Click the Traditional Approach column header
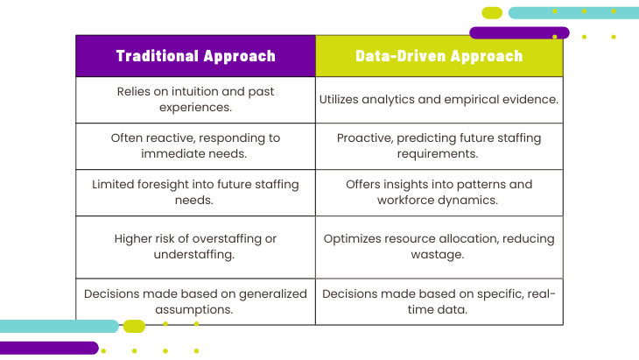pyautogui.click(x=195, y=56)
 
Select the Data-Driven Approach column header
pyautogui.click(x=439, y=56)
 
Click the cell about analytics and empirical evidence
pyautogui.click(x=439, y=100)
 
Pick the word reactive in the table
pyautogui.click(x=169, y=138)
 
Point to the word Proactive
pyautogui.click(x=365, y=138)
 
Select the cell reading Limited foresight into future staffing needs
pyautogui.click(x=195, y=193)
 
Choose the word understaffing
pyautogui.click(x=194, y=254)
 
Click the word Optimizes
pyautogui.click(x=350, y=239)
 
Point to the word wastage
pyautogui.click(x=438, y=255)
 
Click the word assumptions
pyautogui.click(x=194, y=310)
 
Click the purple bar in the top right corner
pyautogui.click(x=519, y=32)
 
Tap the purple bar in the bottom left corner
pyautogui.click(x=49, y=348)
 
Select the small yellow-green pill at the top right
pyautogui.click(x=492, y=13)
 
